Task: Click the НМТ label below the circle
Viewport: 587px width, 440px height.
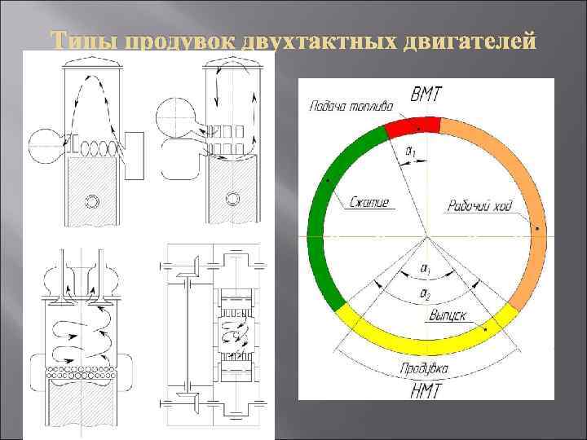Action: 426,389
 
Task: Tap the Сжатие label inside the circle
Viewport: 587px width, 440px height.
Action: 372,201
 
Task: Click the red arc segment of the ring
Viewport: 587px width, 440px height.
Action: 413,126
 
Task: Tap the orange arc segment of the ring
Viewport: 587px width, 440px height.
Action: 522,187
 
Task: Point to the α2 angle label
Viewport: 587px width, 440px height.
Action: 425,291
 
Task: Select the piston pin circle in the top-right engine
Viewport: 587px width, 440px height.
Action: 235,196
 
